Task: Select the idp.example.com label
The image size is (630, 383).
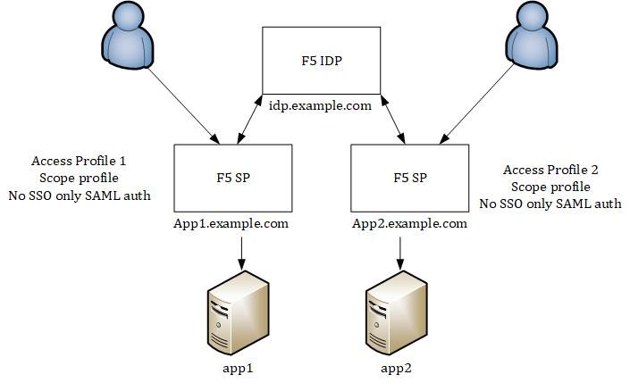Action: [x=321, y=105]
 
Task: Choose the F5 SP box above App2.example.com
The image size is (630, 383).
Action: [x=410, y=177]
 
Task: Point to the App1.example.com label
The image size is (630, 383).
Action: [x=231, y=223]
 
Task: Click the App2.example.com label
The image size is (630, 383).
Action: [x=410, y=223]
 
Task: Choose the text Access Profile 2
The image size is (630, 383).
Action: [x=550, y=170]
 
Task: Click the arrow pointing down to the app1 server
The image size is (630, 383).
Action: [x=240, y=252]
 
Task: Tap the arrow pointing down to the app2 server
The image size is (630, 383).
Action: [x=399, y=252]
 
